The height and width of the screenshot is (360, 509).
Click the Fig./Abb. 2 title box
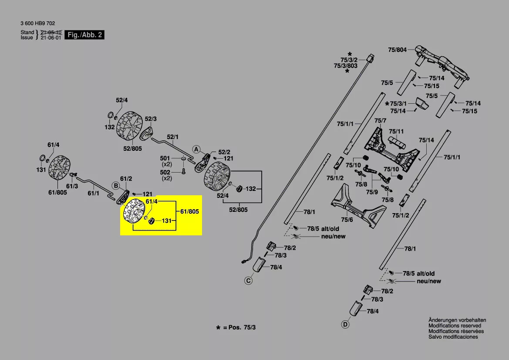coord(84,35)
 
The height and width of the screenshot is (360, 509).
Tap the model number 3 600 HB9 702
coord(37,24)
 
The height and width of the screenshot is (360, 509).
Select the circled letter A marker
coord(196,149)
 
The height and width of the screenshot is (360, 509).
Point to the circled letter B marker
coord(116,186)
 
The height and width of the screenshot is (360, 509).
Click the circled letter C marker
coord(248,281)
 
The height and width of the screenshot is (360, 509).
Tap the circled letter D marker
coord(345,324)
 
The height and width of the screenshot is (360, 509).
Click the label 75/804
coord(397,50)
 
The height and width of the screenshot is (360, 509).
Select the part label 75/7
coord(380,120)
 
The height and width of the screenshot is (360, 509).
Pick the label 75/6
coord(347,220)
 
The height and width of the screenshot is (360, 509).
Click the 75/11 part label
coord(396,131)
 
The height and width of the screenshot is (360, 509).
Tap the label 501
coord(165,158)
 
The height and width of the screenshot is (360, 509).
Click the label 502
coord(165,173)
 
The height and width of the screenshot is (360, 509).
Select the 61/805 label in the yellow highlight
coord(189,211)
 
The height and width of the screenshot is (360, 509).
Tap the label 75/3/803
coord(345,66)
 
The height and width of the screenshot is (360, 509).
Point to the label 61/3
coord(72,186)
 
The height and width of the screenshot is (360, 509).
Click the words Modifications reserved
coord(455,326)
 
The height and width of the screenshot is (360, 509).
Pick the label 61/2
coord(126,179)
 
